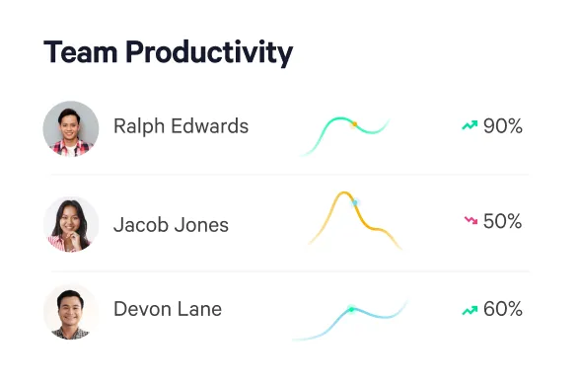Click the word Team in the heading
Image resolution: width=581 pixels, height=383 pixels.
pos(77,52)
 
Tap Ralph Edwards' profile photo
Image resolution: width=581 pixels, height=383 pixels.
pos(71,127)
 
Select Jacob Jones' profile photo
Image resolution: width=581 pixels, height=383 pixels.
pos(71,224)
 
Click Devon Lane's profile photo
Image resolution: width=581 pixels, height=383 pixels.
pos(71,310)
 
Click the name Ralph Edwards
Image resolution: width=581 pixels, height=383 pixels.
pos(181,126)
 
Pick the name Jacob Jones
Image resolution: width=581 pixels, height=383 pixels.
pos(171,224)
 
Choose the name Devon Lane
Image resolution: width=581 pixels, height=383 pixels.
pos(168,309)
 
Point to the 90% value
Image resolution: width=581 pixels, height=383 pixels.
pos(502,126)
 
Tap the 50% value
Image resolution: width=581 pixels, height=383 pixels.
pos(502,222)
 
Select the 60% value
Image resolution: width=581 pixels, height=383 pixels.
pos(502,309)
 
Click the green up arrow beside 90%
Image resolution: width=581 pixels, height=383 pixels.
pos(470,126)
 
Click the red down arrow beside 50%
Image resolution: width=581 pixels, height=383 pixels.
pos(470,222)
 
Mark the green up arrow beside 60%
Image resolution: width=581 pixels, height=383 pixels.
pos(470,310)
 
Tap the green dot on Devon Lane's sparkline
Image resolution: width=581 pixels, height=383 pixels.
pos(351,310)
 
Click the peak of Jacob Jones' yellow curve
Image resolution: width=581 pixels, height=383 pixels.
pos(343,194)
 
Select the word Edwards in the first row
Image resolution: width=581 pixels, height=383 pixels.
pos(210,126)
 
